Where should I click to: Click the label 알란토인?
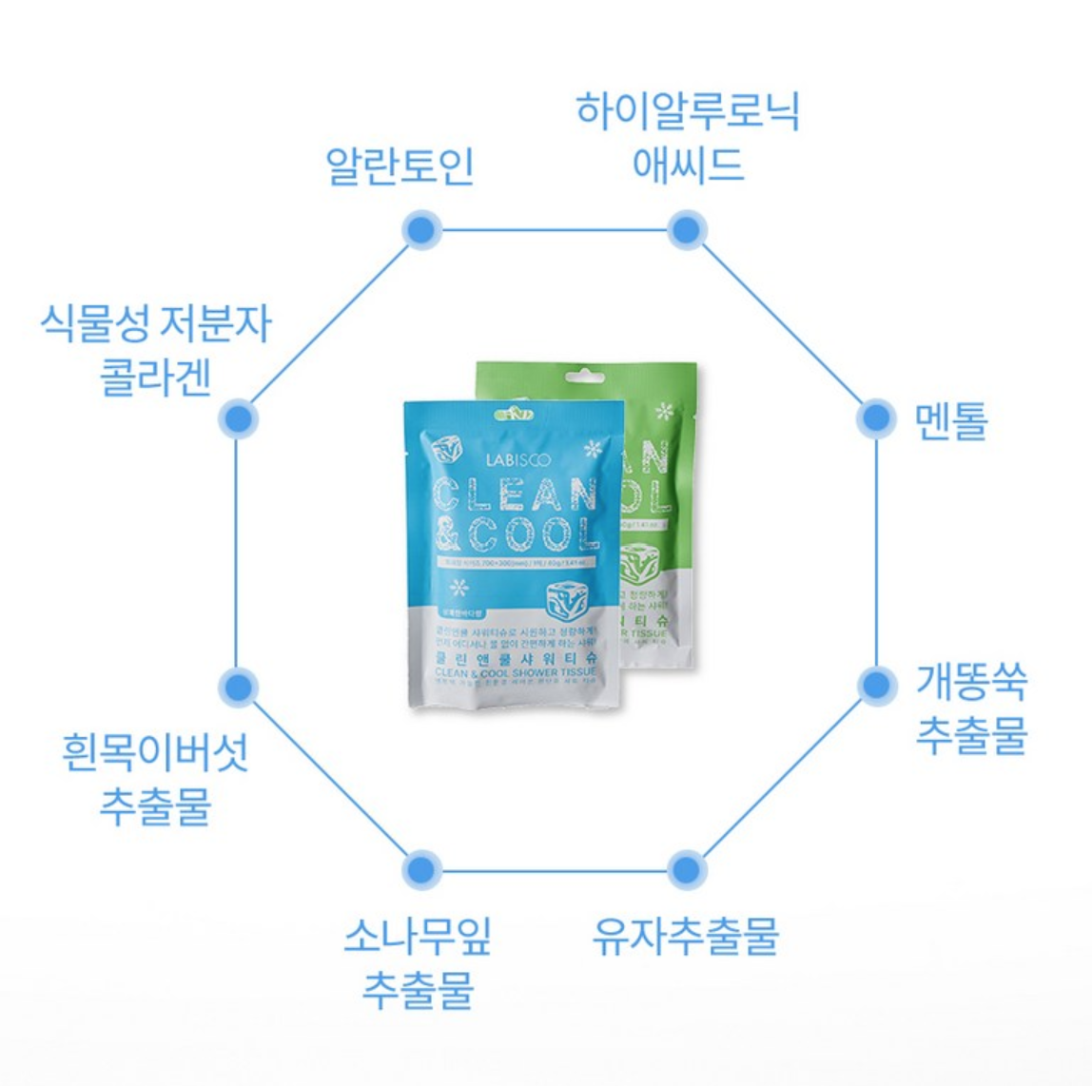[x=400, y=165]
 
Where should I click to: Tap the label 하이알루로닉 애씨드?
[x=687, y=137]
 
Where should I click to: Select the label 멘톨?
[x=950, y=420]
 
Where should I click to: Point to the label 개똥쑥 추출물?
[x=971, y=708]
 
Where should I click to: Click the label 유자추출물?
[x=685, y=936]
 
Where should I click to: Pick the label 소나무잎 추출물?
[x=418, y=962]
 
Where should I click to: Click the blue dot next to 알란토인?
[x=419, y=229]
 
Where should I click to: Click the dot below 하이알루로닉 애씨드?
[x=685, y=229]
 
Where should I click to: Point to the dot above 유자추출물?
[x=685, y=869]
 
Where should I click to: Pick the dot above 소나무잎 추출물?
[x=419, y=869]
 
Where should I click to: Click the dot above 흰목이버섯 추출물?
[x=238, y=687]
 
